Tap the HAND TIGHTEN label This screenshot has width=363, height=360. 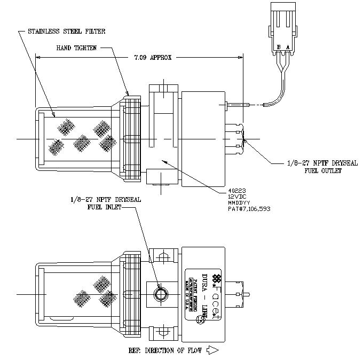[76, 48]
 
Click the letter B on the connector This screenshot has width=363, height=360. [279, 47]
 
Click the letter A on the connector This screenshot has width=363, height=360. [288, 47]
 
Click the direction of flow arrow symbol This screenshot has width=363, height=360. [212, 351]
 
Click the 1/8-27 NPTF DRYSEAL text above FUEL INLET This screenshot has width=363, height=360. [105, 199]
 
